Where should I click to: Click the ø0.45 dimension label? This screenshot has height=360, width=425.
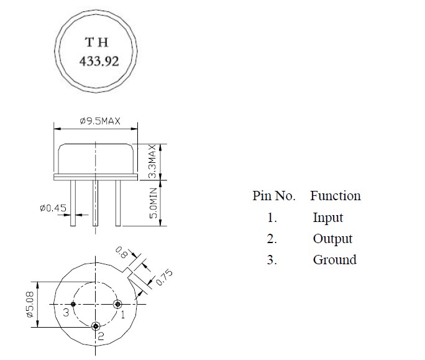click(x=52, y=210)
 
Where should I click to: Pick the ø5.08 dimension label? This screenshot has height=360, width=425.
click(x=29, y=305)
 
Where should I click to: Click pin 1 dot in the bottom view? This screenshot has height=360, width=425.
click(x=118, y=304)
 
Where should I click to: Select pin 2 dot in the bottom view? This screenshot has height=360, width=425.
click(x=96, y=326)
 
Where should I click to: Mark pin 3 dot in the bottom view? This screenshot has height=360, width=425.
click(x=74, y=304)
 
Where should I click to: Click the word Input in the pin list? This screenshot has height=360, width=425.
click(x=327, y=218)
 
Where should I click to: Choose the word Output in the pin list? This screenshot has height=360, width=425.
click(x=332, y=239)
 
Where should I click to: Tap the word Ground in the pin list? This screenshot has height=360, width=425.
click(x=334, y=260)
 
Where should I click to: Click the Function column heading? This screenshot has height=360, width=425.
click(x=335, y=196)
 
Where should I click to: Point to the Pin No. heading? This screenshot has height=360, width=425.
click(x=274, y=196)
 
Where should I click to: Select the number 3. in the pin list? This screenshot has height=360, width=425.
click(x=272, y=260)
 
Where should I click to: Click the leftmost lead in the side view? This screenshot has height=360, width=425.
click(x=73, y=203)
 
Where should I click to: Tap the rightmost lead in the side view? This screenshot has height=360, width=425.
click(x=117, y=203)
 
